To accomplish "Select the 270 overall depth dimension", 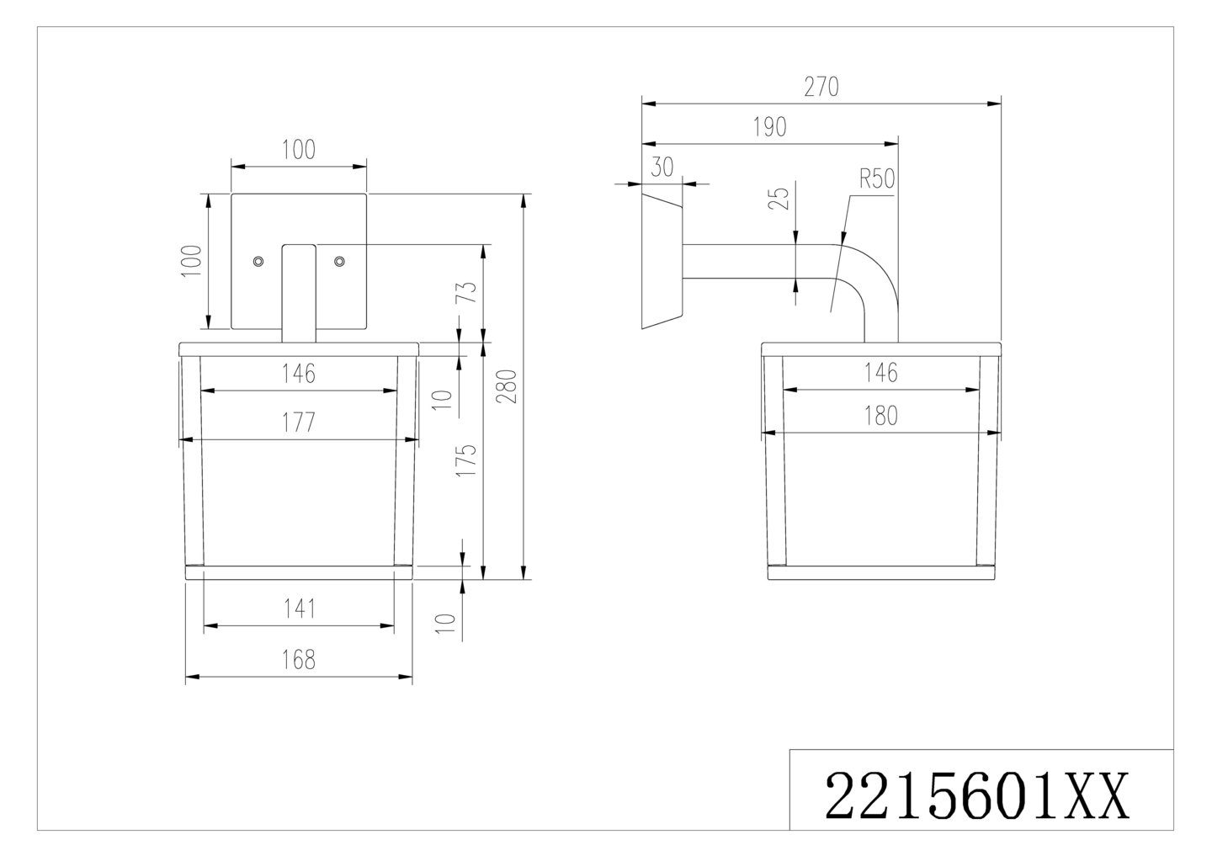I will pyautogui.click(x=821, y=88).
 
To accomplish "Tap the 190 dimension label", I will pyautogui.click(x=769, y=127).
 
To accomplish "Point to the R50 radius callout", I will pyautogui.click(x=875, y=179).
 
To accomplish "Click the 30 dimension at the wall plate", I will pyautogui.click(x=662, y=167).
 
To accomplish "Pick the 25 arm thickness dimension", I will pyautogui.click(x=780, y=199).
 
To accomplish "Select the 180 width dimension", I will pyautogui.click(x=880, y=416).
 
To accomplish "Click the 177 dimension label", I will pyautogui.click(x=299, y=422).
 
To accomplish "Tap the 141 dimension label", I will pyautogui.click(x=299, y=609).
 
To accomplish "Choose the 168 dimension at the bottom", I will pyautogui.click(x=299, y=660).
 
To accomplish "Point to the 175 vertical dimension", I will pyautogui.click(x=467, y=460).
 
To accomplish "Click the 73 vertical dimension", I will pyautogui.click(x=469, y=292).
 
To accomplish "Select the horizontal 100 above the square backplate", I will pyautogui.click(x=299, y=150).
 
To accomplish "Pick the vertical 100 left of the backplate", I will pyautogui.click(x=192, y=261).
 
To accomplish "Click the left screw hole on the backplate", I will pyautogui.click(x=259, y=262).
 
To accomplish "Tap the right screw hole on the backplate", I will pyautogui.click(x=339, y=262).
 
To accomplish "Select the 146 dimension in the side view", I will pyautogui.click(x=880, y=372).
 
